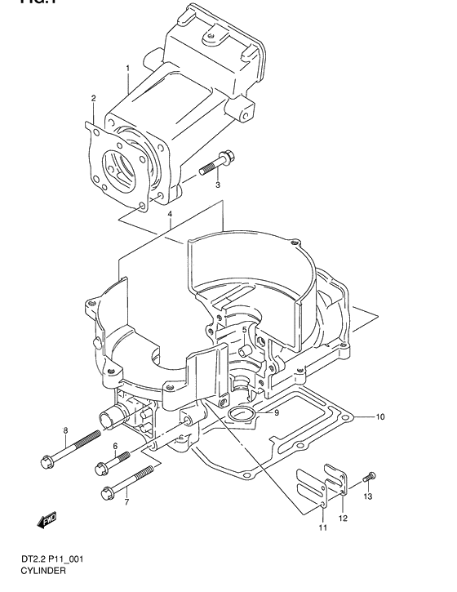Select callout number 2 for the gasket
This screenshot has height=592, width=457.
point(93,99)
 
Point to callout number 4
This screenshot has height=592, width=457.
point(169,216)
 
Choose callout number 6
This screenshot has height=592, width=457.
point(115,446)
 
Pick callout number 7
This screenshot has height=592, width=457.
point(126,501)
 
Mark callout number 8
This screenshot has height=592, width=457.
point(64,430)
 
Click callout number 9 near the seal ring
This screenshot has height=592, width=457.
point(277,412)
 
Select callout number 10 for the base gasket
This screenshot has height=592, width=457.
point(380,416)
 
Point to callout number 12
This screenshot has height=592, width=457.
point(343,518)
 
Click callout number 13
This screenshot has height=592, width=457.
point(367,496)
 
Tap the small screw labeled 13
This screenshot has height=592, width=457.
point(370,476)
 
